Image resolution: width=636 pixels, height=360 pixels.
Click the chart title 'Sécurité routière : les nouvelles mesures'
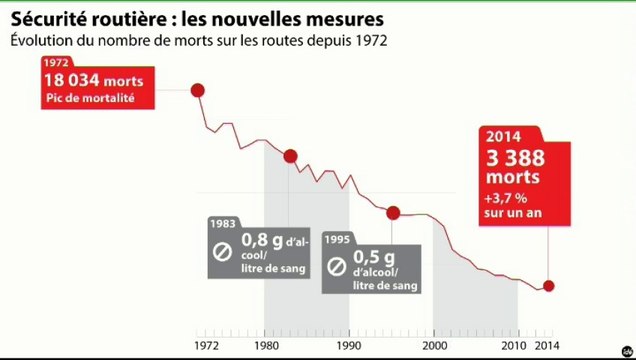coord(197,18)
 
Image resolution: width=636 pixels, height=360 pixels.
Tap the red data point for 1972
coord(197,90)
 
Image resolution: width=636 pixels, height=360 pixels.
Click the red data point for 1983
coord(291,156)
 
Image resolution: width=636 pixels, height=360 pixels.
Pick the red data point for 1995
coord(393,212)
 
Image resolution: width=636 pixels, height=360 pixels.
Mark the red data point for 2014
coord(548,286)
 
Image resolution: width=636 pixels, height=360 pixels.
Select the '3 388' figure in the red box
coord(514,157)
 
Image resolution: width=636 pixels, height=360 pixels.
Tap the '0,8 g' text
coord(262,240)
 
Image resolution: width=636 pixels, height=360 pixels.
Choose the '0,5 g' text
coord(372,257)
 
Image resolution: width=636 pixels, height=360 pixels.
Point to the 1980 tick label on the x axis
coord(265,345)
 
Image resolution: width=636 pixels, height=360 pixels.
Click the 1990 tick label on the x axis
coord(349,345)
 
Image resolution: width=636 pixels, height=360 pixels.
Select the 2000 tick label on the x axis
coord(434,345)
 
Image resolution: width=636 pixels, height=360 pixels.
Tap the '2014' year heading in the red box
coord(504,137)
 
